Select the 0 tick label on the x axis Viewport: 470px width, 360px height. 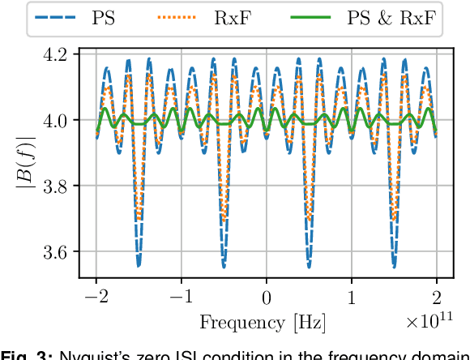(267, 297)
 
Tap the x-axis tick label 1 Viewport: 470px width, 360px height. (352, 297)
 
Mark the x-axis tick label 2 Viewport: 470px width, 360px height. (437, 297)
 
